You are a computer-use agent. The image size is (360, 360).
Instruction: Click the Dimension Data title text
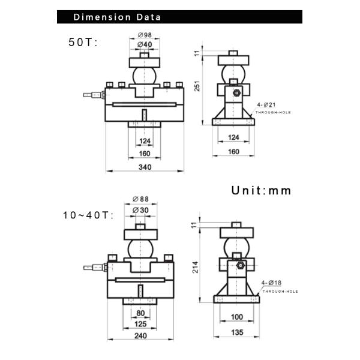(x=117, y=17)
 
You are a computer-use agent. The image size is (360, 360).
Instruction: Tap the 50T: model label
(x=83, y=42)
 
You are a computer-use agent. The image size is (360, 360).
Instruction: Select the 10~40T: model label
(x=88, y=215)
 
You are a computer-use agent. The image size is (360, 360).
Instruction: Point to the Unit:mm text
(x=261, y=191)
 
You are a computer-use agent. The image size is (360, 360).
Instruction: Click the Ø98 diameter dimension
(x=145, y=35)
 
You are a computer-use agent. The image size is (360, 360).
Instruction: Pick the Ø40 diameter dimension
(x=145, y=44)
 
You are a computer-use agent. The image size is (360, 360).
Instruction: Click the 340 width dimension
(x=145, y=167)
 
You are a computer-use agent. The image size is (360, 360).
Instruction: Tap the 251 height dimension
(x=197, y=86)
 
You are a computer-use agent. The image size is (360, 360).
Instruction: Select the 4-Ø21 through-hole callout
(x=266, y=104)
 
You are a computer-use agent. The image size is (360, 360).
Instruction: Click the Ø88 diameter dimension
(x=140, y=199)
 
